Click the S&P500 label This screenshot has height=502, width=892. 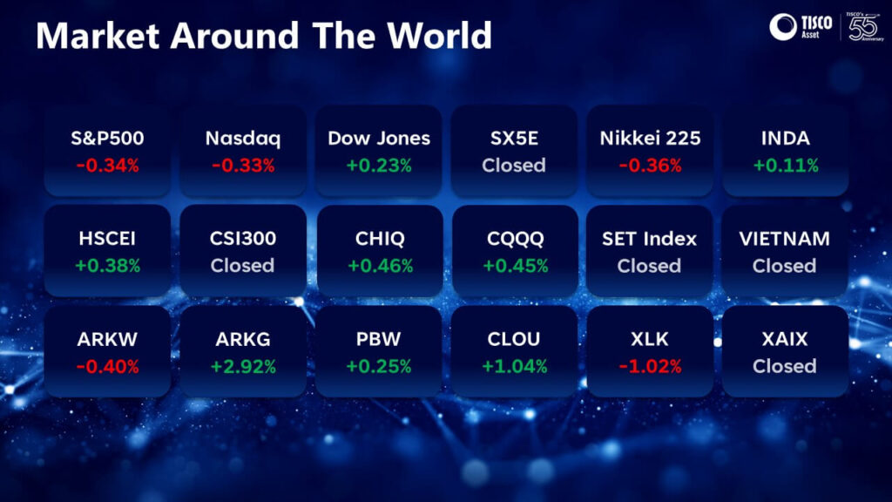(x=107, y=139)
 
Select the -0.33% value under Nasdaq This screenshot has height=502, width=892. (x=243, y=166)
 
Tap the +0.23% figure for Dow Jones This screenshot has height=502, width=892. (x=379, y=166)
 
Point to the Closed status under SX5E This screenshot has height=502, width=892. (x=514, y=166)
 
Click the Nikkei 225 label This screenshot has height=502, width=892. (x=650, y=139)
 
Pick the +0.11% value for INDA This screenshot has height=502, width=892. (x=786, y=166)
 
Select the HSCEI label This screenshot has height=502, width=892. (x=107, y=239)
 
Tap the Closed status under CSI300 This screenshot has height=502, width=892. (x=242, y=266)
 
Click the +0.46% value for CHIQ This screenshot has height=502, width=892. (x=380, y=266)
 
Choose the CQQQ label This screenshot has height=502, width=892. (x=516, y=239)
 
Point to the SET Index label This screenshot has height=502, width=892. (x=649, y=239)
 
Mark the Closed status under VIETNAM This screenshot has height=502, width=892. (x=785, y=266)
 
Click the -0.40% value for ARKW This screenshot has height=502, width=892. (x=107, y=367)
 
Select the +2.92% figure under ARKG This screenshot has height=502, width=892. (x=243, y=367)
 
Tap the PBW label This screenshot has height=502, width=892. (x=378, y=339)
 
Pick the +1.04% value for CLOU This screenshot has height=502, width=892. (x=514, y=367)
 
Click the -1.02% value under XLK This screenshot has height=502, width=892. (x=650, y=367)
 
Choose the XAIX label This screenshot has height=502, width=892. (x=785, y=339)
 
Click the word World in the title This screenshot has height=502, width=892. (x=439, y=35)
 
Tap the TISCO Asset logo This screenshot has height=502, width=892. (x=801, y=27)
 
